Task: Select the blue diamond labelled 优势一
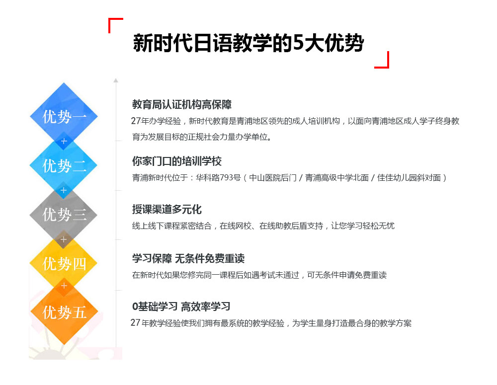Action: point(64,116)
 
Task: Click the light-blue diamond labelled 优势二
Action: point(64,165)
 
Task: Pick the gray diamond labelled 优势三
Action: point(64,215)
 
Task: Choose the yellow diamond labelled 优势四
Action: point(64,264)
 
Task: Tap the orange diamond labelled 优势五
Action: point(64,312)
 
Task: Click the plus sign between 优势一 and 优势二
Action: point(64,141)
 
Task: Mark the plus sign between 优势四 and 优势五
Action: point(64,286)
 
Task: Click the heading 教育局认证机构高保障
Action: point(182,104)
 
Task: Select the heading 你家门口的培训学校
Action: point(177,161)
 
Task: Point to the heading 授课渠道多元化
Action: point(166,209)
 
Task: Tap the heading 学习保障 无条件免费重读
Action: point(188,258)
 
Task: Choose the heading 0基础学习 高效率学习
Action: point(181,307)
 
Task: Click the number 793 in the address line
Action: point(226,178)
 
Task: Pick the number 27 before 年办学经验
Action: point(136,121)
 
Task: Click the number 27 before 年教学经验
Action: point(135,323)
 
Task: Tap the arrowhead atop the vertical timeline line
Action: point(116,80)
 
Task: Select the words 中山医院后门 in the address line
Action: point(272,178)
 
